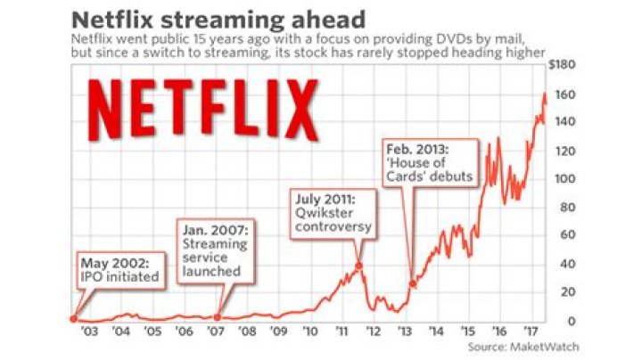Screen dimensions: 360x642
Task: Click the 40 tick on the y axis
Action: pyautogui.click(x=566, y=265)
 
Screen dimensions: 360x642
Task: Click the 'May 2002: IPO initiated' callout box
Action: pyautogui.click(x=120, y=270)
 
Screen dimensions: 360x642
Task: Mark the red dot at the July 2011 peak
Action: pyautogui.click(x=358, y=266)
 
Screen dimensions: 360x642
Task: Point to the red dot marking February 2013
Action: pyautogui.click(x=413, y=284)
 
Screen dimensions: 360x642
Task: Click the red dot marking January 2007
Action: pyautogui.click(x=218, y=316)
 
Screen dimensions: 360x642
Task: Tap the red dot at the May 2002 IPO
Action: pyautogui.click(x=73, y=319)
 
